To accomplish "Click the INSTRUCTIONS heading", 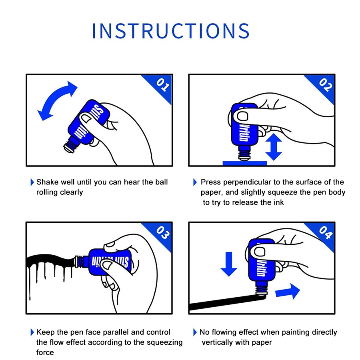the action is [170, 30].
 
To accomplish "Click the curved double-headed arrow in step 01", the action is [55, 96].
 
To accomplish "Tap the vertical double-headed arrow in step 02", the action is [274, 147].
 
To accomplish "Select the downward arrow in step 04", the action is [229, 264].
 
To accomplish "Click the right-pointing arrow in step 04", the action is [288, 292].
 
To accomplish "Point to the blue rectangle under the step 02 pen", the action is [245, 163].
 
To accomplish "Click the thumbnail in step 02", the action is [242, 116].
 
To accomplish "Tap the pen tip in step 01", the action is [69, 148].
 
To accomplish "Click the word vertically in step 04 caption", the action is [218, 342].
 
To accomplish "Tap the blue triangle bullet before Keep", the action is [32, 332].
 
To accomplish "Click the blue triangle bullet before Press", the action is [195, 182].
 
